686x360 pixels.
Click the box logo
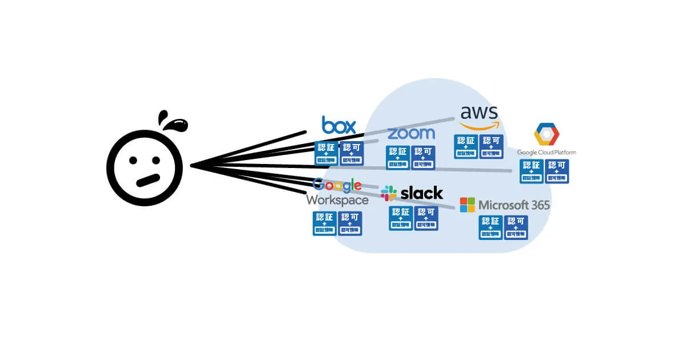339,125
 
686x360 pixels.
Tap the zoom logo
411,134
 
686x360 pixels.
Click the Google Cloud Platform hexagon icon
547,134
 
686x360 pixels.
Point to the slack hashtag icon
389,193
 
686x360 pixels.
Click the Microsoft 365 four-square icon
468,205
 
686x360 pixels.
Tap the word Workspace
337,200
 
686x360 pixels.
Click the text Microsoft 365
514,205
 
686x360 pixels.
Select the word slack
422,193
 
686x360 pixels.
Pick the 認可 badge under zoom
423,158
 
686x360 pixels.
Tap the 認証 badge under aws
466,146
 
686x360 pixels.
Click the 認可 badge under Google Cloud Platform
557,171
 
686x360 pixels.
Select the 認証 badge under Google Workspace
325,223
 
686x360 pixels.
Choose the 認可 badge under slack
426,218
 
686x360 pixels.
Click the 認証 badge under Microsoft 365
490,227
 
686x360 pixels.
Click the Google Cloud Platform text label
547,153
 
